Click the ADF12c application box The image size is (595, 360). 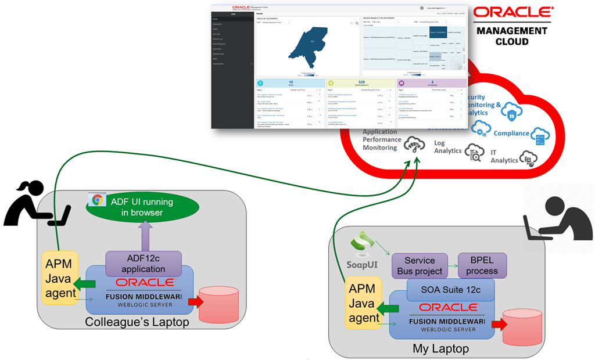144,262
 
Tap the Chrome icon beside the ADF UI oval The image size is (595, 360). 96,200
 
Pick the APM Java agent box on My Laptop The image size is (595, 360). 364,303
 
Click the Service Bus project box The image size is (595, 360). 420,265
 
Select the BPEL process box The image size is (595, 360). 482,265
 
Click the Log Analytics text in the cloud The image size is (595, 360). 448,147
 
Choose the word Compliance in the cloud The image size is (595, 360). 511,133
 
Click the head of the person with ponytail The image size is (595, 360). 30,189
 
